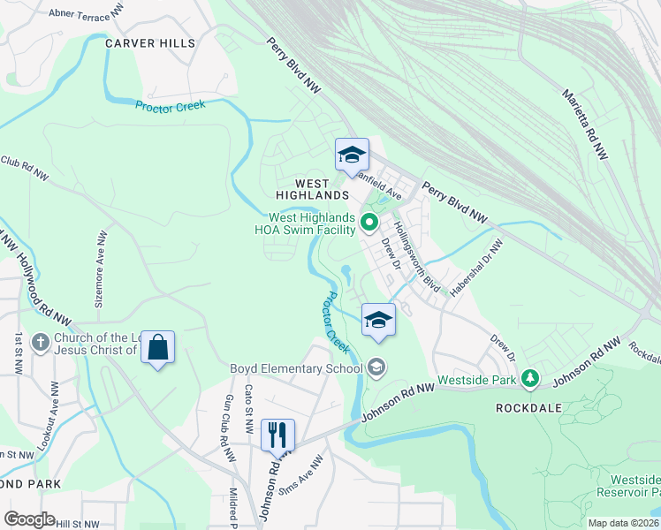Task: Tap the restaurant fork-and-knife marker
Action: pos(277,434)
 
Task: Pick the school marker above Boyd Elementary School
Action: pos(378,319)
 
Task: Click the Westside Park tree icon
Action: pos(529,379)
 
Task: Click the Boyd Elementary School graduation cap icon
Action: pos(376,367)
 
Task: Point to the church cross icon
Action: pos(40,342)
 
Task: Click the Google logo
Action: pos(29,519)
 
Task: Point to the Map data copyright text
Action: pos(623,523)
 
